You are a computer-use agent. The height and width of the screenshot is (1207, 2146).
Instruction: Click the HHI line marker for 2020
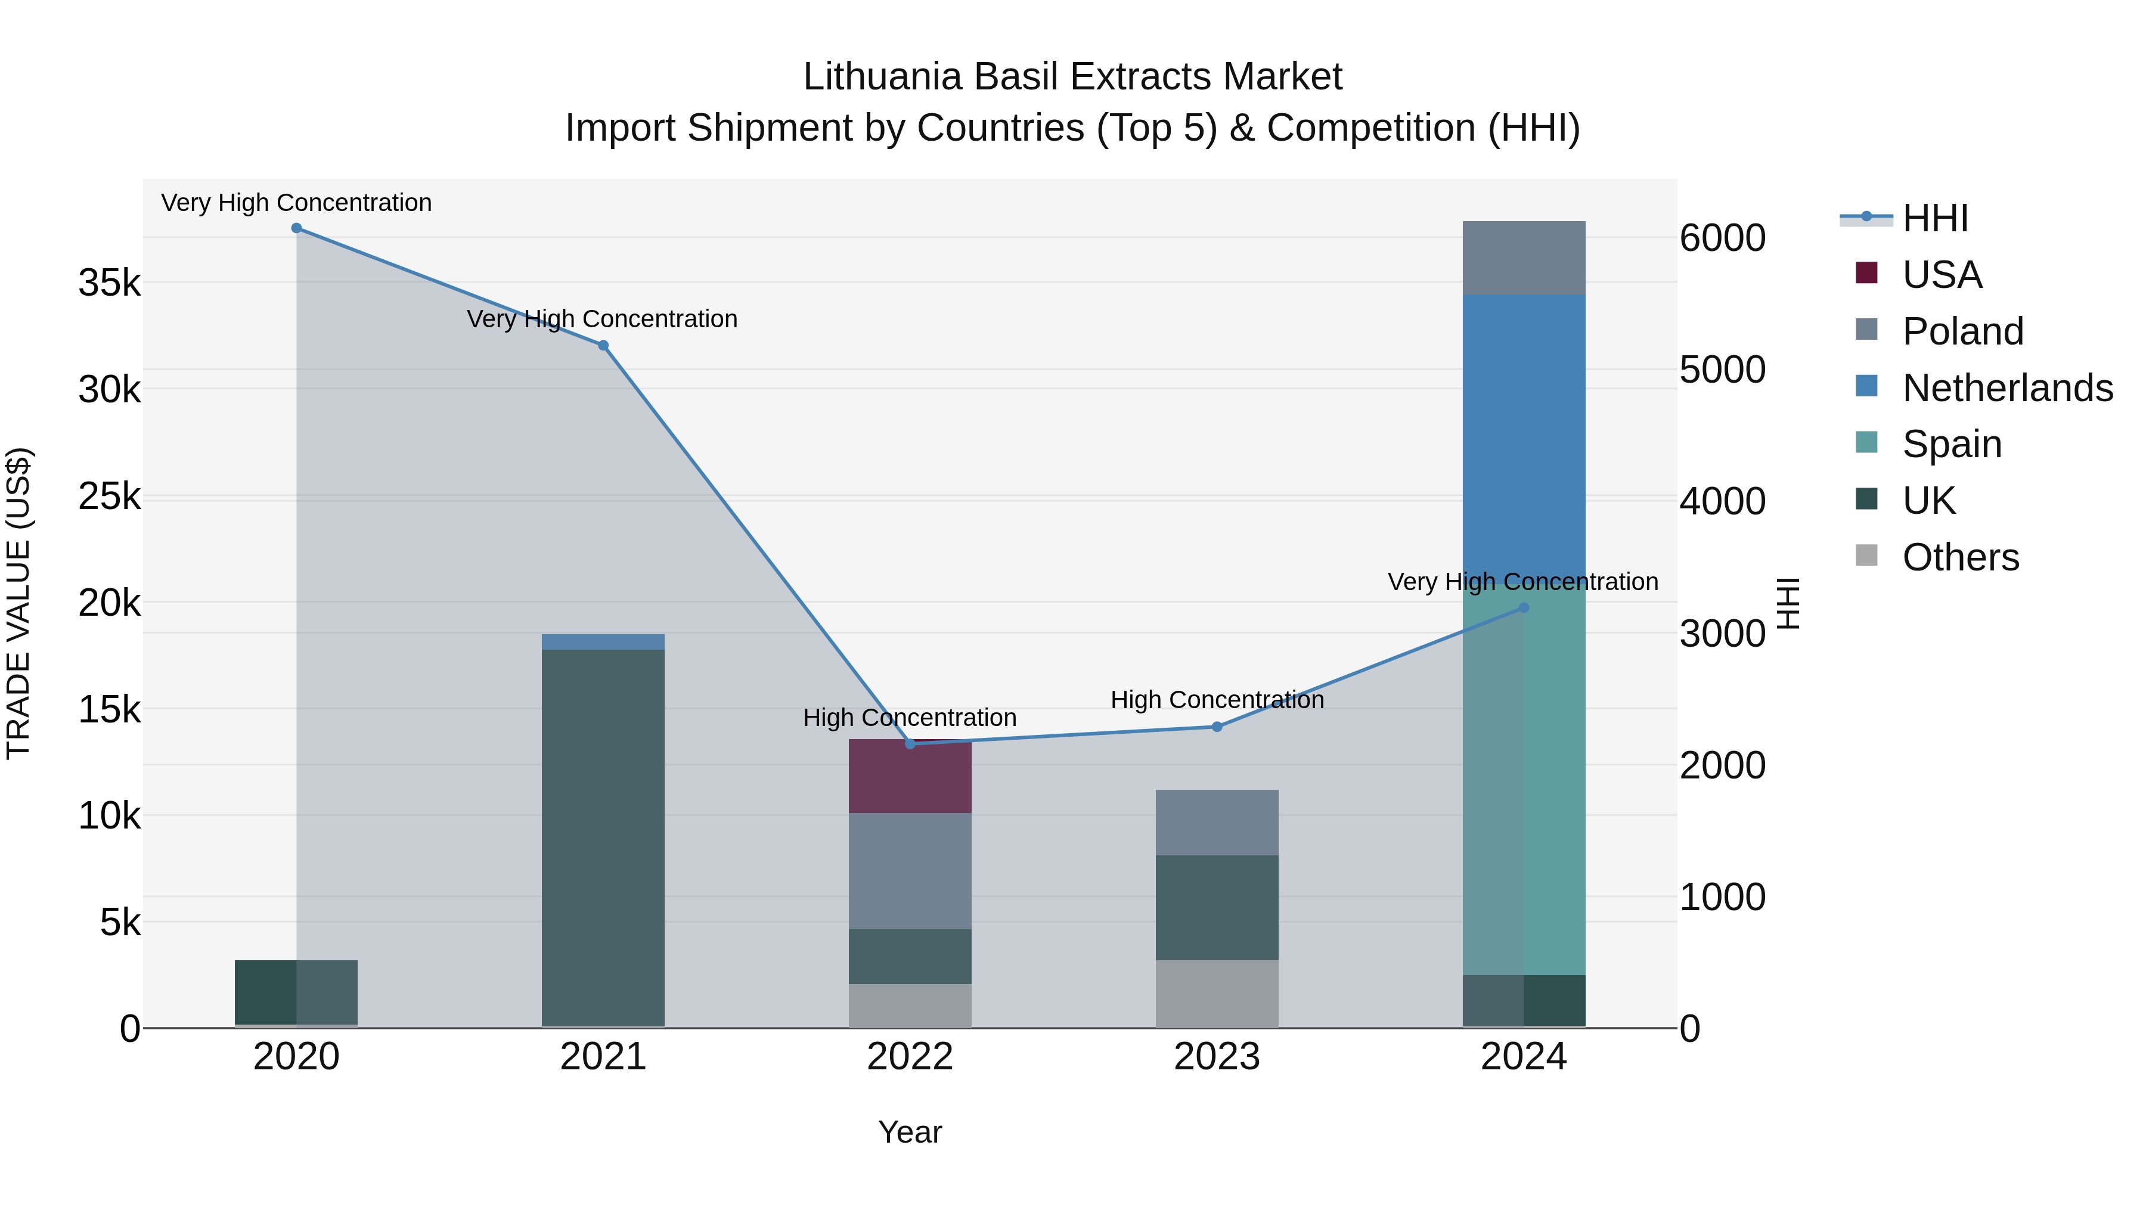pos(297,228)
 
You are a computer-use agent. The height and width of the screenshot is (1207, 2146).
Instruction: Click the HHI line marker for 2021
pos(603,346)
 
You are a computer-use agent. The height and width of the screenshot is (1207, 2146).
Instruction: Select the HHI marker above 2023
pos(1217,727)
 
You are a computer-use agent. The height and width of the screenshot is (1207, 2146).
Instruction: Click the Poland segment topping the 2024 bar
pos(1524,258)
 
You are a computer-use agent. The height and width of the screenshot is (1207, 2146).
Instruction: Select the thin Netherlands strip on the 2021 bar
pos(603,641)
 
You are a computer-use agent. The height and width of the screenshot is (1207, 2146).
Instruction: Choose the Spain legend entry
pos(1951,444)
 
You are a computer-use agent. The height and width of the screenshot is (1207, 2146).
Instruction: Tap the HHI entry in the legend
pos(1934,218)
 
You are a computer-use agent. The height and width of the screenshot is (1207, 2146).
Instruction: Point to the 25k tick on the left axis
pos(110,497)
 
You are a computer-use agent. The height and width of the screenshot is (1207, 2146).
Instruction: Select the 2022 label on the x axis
pos(910,1057)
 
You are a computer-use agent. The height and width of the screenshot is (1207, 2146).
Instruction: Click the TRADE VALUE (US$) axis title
pos(18,603)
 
